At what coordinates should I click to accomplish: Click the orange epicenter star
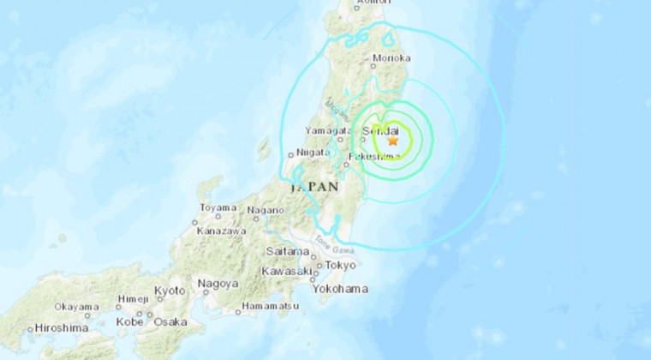tap(393, 141)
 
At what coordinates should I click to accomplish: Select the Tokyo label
tap(340, 265)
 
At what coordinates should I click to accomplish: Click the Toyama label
tap(218, 207)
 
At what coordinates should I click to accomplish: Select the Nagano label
tap(266, 210)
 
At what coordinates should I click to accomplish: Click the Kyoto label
tap(169, 291)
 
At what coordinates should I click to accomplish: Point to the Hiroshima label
tap(61, 327)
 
